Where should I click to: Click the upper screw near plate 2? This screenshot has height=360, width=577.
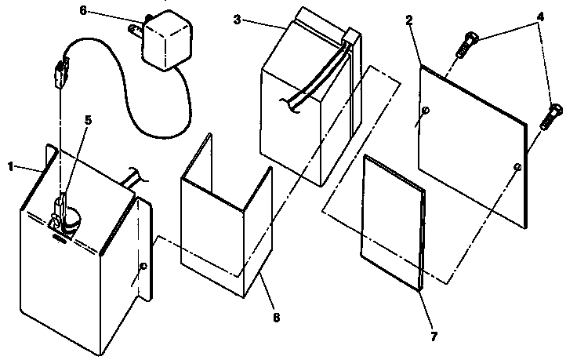466,44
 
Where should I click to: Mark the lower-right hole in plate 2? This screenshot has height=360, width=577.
517,167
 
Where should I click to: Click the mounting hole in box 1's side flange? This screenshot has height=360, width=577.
142,267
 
